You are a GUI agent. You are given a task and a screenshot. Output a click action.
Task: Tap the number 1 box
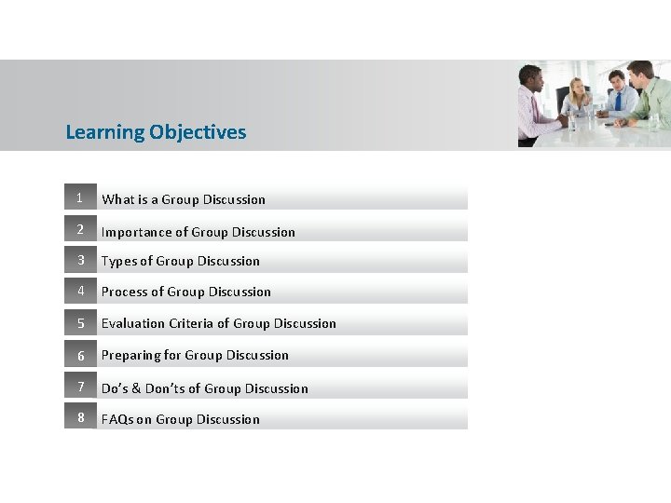click(80, 197)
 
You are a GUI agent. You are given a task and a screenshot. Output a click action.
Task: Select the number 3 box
click(80, 260)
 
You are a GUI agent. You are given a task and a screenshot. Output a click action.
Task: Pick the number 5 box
click(80, 323)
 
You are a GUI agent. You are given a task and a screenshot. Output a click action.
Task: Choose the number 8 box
click(80, 418)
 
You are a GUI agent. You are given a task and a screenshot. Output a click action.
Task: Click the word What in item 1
click(117, 199)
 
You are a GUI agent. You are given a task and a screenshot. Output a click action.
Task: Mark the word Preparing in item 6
click(130, 356)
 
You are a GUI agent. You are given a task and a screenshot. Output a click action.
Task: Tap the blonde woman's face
click(579, 88)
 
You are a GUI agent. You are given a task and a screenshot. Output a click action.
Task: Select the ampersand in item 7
click(137, 388)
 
